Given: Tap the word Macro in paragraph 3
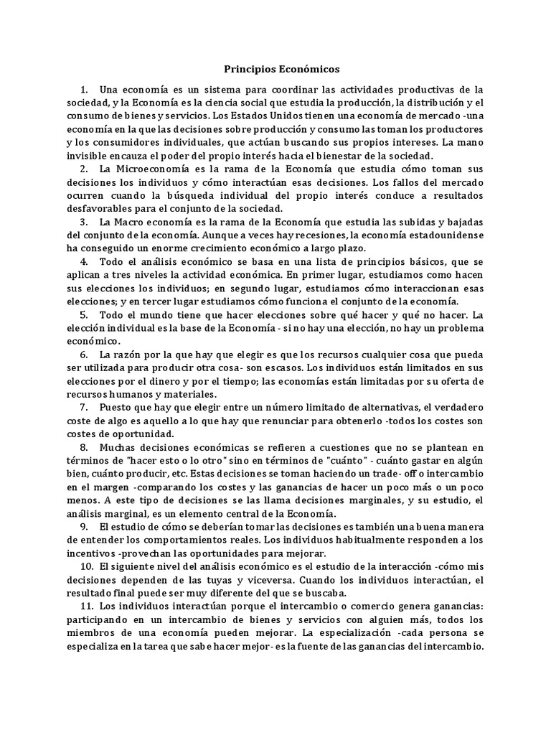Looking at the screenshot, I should point(132,221).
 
